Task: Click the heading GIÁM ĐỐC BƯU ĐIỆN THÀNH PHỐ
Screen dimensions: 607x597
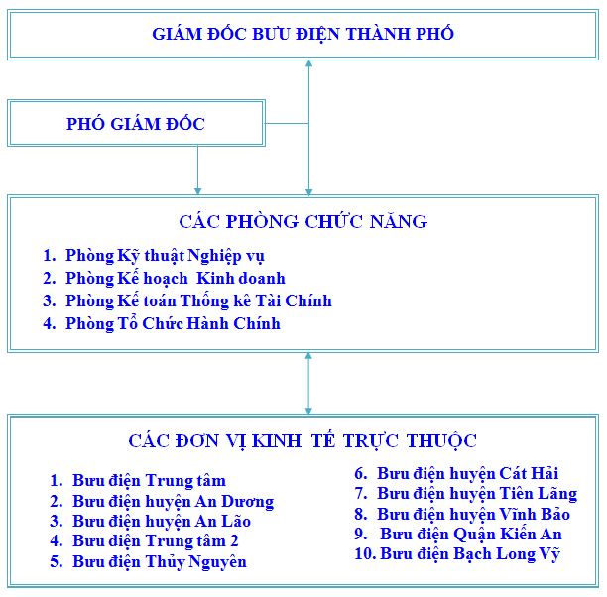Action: pos(303,33)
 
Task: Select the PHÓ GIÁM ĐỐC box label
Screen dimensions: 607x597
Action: pos(136,124)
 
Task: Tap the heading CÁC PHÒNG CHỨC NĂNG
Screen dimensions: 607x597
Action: pos(303,221)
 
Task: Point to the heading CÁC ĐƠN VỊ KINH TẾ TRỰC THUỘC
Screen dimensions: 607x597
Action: pos(303,440)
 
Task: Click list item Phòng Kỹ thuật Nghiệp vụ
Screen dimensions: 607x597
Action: pos(165,256)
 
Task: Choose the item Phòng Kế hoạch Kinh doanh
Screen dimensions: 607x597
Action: pos(176,279)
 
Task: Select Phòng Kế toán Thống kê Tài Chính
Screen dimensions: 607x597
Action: pos(198,301)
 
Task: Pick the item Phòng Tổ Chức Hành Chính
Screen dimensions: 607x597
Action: pos(173,324)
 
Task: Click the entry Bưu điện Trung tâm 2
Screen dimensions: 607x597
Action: pos(156,541)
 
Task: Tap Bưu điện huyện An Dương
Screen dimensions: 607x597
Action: pos(173,502)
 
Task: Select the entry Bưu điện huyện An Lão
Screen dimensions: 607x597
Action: pos(162,522)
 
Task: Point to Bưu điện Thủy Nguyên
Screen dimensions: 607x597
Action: pos(160,561)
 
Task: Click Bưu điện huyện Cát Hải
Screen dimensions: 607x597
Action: pos(467,474)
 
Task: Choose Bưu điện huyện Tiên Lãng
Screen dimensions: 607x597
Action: pos(477,494)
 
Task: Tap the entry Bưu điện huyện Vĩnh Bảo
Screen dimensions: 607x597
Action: pos(473,514)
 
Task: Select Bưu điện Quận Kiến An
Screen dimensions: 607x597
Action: pos(471,535)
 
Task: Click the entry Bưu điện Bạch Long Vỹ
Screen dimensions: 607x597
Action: pos(470,554)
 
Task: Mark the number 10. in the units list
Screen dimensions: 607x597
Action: pos(365,553)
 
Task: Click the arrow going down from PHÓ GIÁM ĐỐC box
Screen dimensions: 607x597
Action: pos(197,170)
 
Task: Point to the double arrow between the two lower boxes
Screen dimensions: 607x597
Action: pos(308,383)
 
